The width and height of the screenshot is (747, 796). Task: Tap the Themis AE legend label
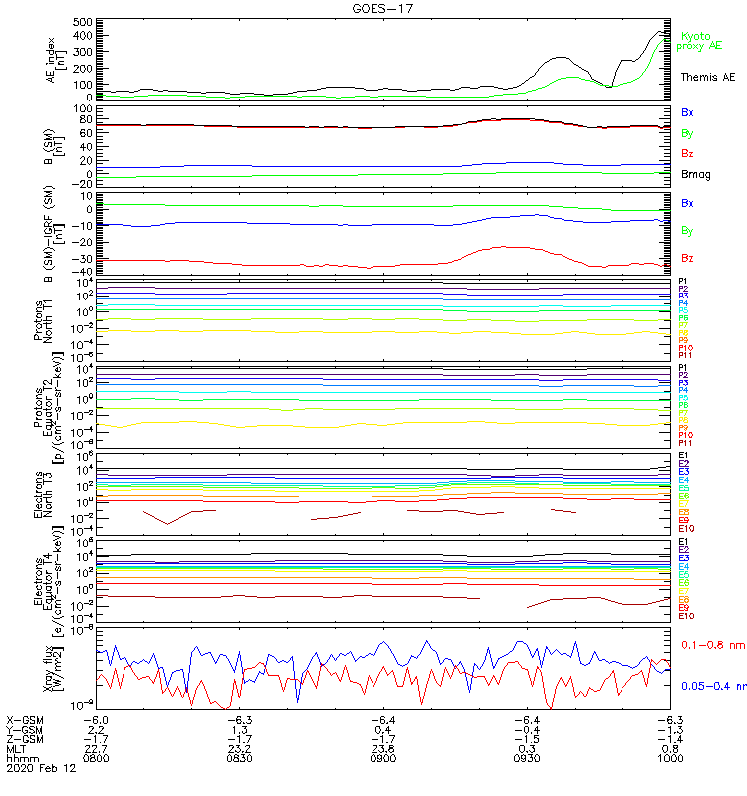(x=708, y=77)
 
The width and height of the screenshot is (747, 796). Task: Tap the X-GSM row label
(x=26, y=718)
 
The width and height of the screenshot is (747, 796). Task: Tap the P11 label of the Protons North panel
(x=685, y=355)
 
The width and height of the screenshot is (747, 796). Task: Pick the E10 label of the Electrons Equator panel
(x=686, y=616)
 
